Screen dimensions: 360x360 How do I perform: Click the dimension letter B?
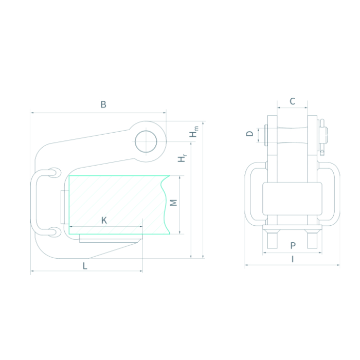pyautogui.click(x=103, y=104)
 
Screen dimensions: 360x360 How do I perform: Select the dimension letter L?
pyautogui.click(x=85, y=266)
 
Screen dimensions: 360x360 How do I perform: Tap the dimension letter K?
pyautogui.click(x=104, y=221)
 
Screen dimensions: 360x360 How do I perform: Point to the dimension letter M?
pyautogui.click(x=174, y=203)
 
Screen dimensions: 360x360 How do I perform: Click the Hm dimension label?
pyautogui.click(x=194, y=132)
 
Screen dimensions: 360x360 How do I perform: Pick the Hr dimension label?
pyautogui.click(x=182, y=158)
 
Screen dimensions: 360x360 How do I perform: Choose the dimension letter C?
pyautogui.click(x=292, y=101)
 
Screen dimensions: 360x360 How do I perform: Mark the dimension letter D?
pyautogui.click(x=249, y=134)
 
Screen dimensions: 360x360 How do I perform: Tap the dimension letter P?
pyautogui.click(x=293, y=246)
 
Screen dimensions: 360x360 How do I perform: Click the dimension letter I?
pyautogui.click(x=293, y=259)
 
